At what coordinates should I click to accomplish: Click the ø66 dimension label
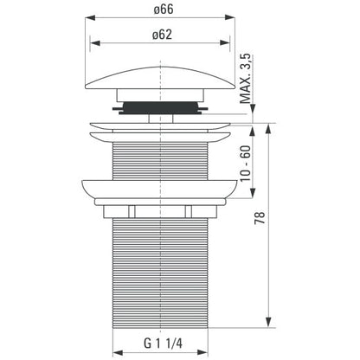coord(164,10)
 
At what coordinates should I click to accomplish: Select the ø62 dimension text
coord(162,35)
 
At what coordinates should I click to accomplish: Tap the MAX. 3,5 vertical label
coord(246,79)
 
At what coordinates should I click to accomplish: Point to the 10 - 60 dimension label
coord(246,164)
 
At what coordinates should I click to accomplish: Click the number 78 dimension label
coord(260,218)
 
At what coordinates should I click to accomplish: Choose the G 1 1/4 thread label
coord(163,344)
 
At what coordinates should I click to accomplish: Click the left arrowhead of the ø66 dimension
coord(90,18)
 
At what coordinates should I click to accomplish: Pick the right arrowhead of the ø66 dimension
coord(229,18)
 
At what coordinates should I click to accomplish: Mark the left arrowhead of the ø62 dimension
coord(95,43)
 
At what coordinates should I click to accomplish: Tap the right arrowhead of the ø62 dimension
coord(225,43)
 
